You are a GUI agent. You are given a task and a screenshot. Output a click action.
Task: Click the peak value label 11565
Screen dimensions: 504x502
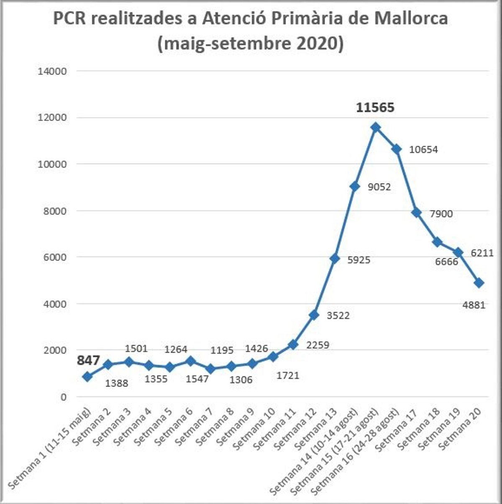[x=375, y=108]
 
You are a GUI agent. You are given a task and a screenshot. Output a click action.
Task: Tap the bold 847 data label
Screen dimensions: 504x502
[x=88, y=360]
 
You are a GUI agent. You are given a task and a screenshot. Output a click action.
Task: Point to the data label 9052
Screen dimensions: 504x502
[x=379, y=187]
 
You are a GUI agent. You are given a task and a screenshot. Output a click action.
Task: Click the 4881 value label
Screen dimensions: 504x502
[x=474, y=305]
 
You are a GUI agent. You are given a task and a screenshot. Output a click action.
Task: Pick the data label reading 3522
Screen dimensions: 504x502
[x=338, y=315]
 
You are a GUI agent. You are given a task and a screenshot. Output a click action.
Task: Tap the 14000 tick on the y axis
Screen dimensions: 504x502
[x=52, y=71]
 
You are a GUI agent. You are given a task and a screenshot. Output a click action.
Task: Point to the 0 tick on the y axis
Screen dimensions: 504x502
[x=63, y=397]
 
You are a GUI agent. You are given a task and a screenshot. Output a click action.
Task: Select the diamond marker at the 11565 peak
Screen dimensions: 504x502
[x=375, y=127]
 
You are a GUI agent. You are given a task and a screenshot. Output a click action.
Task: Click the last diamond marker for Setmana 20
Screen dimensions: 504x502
[x=479, y=283]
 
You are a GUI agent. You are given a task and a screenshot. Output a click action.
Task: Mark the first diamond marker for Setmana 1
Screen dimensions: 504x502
[x=87, y=377]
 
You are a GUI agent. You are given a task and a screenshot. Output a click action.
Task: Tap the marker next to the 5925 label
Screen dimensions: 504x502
[x=334, y=259]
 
